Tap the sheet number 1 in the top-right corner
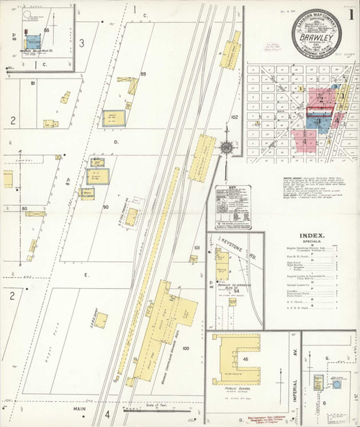(349, 14)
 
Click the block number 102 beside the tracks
(234, 116)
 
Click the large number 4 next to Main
(107, 414)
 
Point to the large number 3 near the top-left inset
(81, 43)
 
